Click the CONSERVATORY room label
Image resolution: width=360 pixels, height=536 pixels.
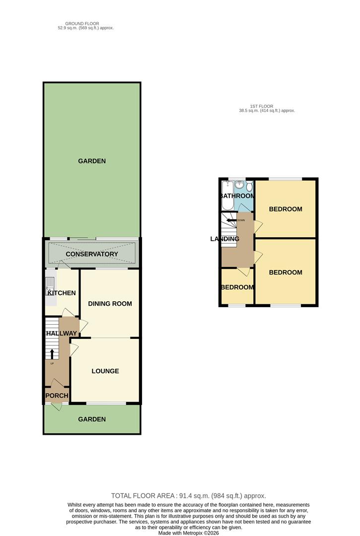click(92, 254)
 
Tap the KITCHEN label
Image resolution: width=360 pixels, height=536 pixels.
click(62, 293)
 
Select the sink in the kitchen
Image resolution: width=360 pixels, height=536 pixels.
click(50, 285)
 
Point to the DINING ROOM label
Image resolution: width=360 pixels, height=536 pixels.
click(110, 303)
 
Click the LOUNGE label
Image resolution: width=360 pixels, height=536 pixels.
click(105, 371)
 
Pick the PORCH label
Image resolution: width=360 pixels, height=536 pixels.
click(57, 396)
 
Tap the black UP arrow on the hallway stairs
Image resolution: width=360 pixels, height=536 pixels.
click(53, 353)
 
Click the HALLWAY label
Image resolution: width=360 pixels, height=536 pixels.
click(62, 333)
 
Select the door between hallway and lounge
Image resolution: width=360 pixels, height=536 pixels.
click(73, 349)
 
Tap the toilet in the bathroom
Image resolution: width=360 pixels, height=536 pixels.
click(249, 185)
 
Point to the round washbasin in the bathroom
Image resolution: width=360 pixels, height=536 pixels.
click(239, 185)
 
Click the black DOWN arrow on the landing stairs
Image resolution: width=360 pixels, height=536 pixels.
click(230, 220)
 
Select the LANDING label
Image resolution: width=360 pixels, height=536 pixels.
click(225, 239)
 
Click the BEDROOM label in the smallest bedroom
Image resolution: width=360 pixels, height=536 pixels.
click(237, 287)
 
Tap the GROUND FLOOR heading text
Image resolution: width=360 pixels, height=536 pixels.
click(82, 23)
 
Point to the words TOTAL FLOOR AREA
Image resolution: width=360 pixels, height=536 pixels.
click(143, 495)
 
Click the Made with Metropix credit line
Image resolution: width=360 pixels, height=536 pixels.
click(189, 533)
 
